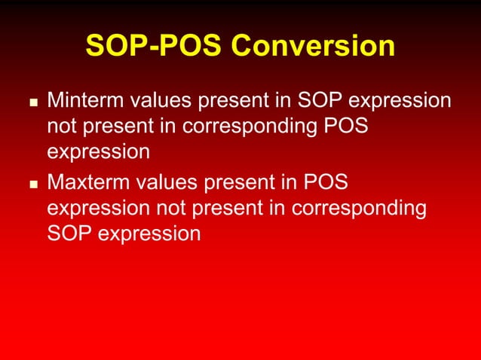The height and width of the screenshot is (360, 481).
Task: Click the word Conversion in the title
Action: pyautogui.click(x=312, y=47)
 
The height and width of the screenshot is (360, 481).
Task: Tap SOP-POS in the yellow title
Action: pyautogui.click(x=153, y=47)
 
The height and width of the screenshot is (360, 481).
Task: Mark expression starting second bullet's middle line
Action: pyautogui.click(x=98, y=208)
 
